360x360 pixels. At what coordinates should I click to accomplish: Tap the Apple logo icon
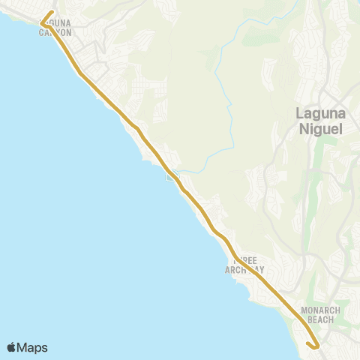(12, 347)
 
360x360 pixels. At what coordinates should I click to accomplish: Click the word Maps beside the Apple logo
(34, 347)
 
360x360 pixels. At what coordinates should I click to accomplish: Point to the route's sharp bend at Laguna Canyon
(43, 23)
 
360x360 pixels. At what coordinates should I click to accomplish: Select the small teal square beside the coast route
(172, 177)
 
